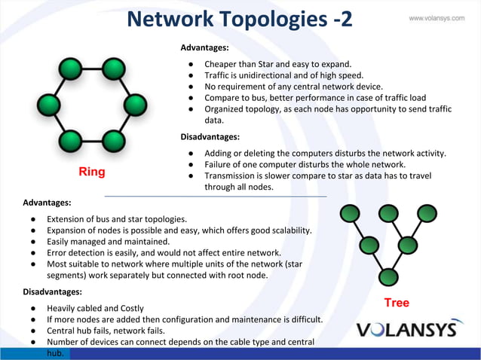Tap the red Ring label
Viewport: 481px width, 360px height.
tap(92, 172)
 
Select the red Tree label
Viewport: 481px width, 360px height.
tap(397, 303)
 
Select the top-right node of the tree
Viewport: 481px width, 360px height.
tap(427, 214)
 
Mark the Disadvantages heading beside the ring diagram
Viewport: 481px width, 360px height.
tap(210, 137)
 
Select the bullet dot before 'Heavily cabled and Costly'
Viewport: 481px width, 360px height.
tap(34, 309)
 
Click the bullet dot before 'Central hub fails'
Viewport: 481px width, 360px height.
tap(34, 331)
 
